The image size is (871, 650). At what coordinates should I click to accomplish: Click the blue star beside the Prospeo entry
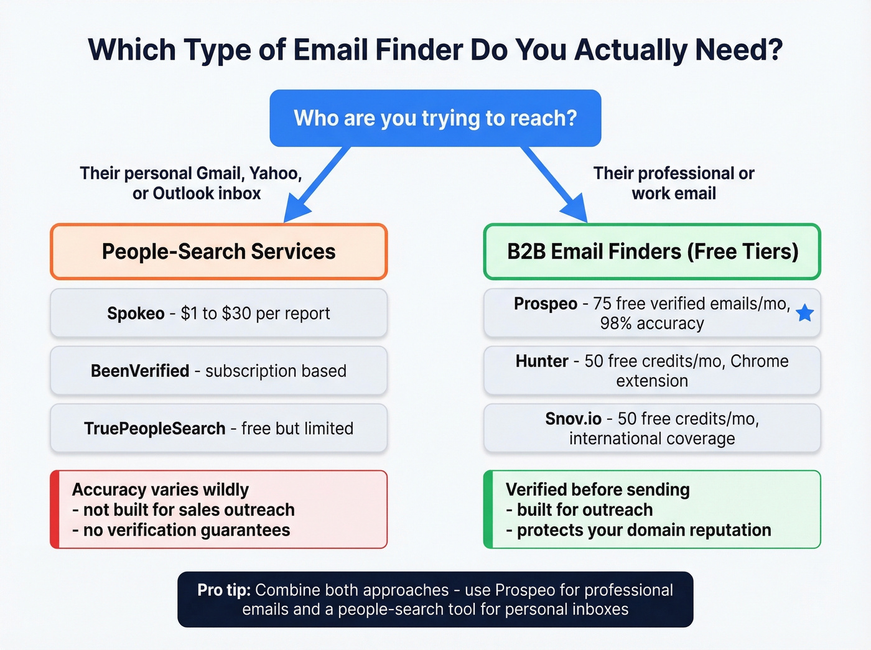(x=804, y=313)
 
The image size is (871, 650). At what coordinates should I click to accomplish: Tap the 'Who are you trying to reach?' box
(x=435, y=118)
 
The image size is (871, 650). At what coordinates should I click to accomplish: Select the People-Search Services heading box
(x=218, y=251)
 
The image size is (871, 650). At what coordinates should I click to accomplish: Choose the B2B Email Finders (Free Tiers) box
(x=652, y=251)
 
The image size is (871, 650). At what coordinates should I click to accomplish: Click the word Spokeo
(x=136, y=313)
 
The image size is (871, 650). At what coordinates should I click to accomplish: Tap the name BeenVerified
(x=140, y=371)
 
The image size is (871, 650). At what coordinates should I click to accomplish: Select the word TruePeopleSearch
(x=154, y=429)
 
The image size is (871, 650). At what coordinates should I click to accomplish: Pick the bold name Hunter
(x=542, y=361)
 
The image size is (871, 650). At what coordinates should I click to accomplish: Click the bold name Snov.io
(x=574, y=419)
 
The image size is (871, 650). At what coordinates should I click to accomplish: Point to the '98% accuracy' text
(x=652, y=323)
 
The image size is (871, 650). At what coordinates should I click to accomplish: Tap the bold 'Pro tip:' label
(x=224, y=590)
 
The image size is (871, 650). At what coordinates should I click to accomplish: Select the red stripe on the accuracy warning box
(x=55, y=509)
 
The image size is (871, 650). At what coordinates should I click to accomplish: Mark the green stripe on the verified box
(x=488, y=509)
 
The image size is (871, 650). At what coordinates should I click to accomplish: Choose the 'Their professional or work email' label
(x=674, y=183)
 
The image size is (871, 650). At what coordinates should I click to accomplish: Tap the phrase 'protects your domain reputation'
(x=644, y=530)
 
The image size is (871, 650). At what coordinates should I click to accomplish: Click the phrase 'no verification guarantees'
(x=187, y=530)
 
